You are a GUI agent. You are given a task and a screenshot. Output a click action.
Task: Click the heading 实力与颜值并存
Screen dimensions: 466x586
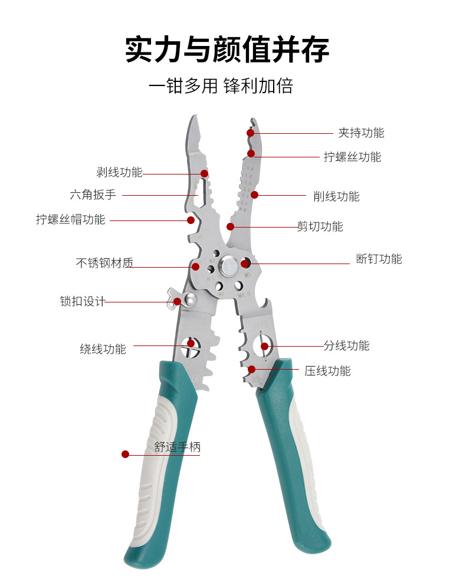227,49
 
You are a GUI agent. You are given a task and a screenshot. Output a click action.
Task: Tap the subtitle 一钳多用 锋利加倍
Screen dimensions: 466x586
221,87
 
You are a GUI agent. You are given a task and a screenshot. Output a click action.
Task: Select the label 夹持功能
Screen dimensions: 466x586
360,133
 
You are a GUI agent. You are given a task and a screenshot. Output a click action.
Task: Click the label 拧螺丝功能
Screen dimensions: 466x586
352,157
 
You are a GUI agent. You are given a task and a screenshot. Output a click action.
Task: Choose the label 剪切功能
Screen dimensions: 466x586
320,226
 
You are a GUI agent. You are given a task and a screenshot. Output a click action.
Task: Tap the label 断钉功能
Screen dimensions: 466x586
379,259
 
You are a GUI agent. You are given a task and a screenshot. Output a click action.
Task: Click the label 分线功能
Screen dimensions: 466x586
346,345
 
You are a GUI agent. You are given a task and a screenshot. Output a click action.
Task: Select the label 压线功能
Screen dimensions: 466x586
327,371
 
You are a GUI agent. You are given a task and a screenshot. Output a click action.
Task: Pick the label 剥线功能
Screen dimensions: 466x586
120,173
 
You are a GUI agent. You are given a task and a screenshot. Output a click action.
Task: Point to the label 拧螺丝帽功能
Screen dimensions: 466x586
71,220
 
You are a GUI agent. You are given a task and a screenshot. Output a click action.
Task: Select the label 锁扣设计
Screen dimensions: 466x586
83,301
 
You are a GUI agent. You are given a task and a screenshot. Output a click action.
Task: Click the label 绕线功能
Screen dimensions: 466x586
103,349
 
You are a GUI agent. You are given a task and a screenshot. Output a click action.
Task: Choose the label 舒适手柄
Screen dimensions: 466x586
178,447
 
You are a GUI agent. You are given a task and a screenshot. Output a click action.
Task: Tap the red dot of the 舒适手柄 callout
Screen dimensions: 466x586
125,454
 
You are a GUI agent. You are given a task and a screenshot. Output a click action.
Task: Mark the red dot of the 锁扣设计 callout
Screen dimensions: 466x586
177,301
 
